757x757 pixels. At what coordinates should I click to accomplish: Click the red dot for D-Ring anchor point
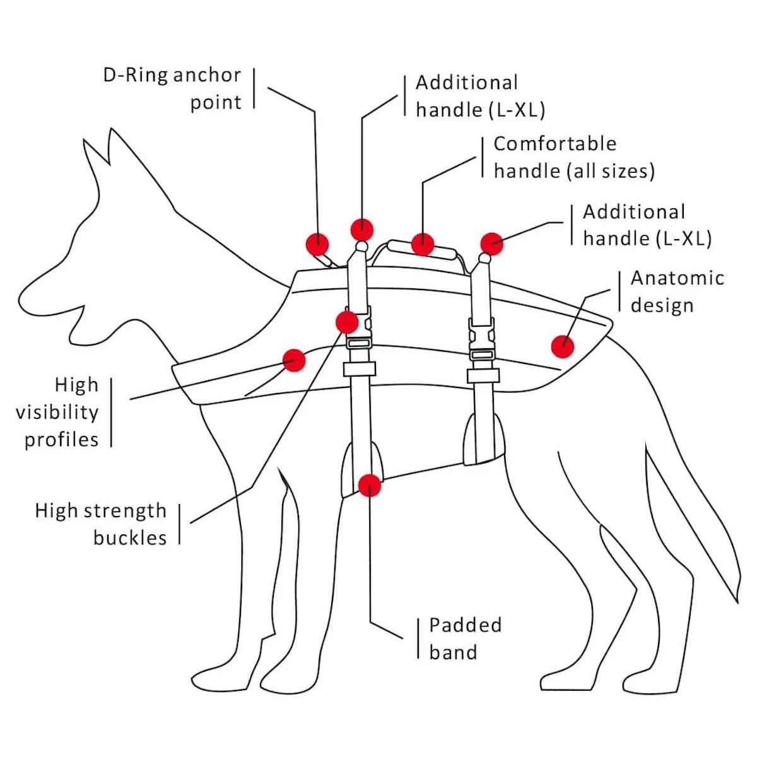317,243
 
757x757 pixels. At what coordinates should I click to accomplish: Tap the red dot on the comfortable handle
422,244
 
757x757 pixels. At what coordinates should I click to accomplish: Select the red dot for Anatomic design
562,346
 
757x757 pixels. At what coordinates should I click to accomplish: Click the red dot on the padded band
370,485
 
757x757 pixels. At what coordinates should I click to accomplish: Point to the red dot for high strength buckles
347,322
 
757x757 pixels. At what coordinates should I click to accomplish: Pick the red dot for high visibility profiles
294,360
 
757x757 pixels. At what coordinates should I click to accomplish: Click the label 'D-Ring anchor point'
172,88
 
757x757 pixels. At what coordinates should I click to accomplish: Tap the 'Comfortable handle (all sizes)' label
573,157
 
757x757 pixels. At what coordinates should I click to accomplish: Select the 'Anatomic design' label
677,291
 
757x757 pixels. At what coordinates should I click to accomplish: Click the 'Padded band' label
466,638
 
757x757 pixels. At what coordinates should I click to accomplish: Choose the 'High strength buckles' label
101,524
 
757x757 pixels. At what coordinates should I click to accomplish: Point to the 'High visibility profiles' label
57,412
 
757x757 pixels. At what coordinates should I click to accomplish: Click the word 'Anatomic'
677,278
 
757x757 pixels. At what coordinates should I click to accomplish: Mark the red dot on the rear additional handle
491,244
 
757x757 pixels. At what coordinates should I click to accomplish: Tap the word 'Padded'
466,625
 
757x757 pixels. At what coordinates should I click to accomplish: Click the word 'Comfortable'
555,144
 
